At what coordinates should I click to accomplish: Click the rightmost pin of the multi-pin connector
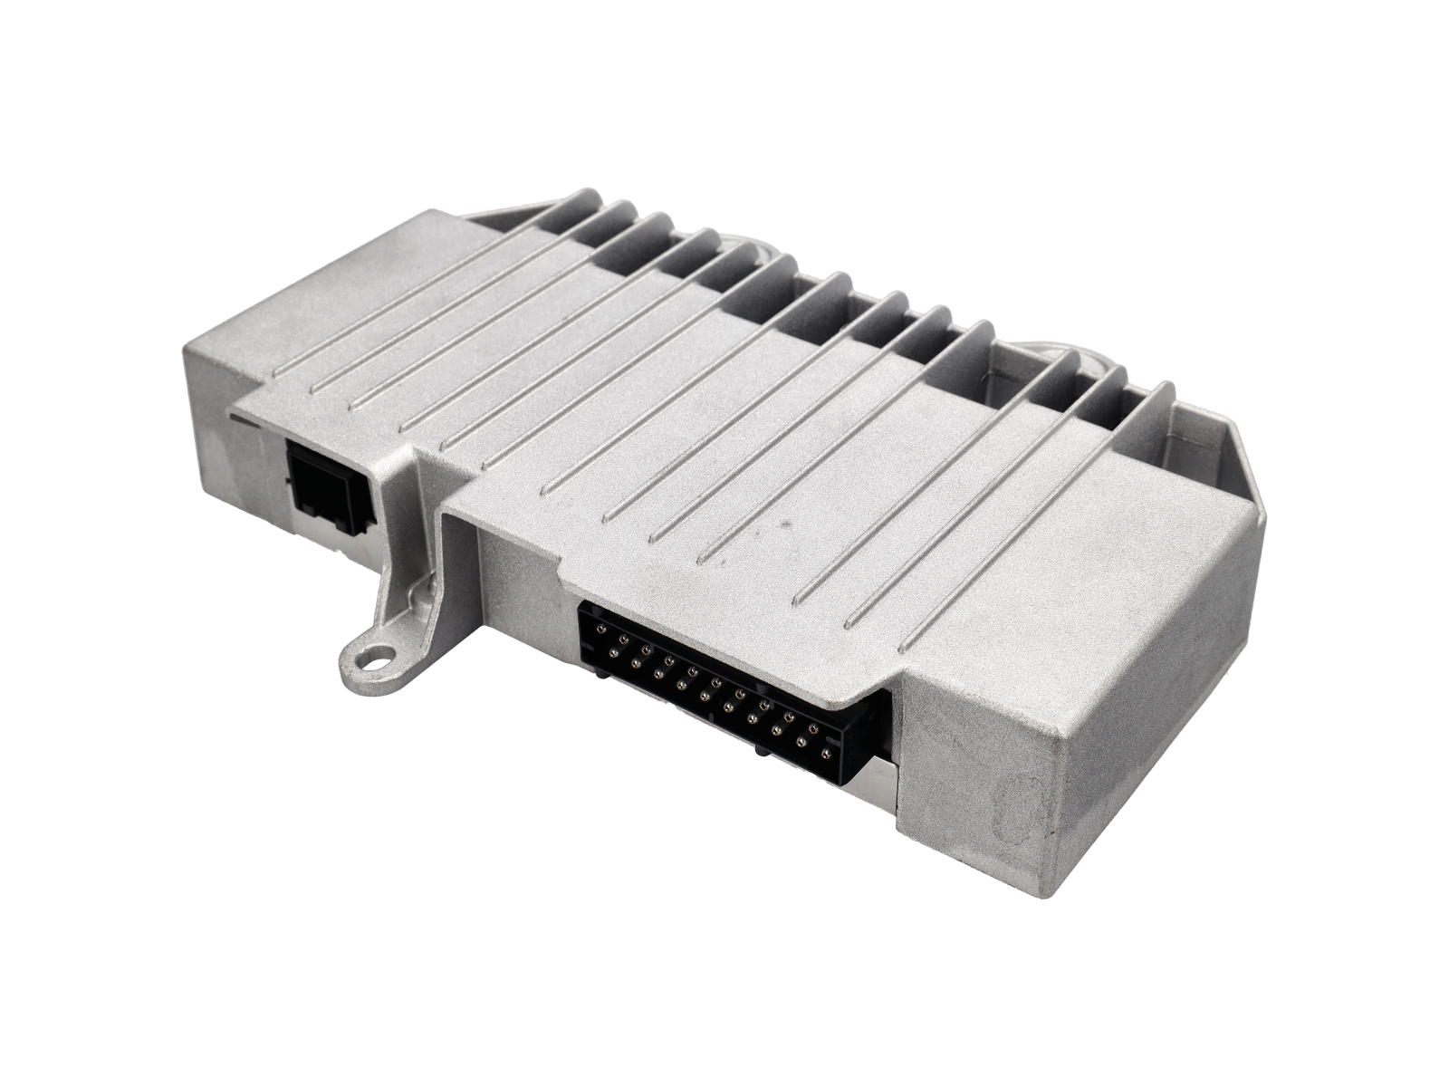point(825,752)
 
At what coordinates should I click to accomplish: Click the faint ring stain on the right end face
point(1023,806)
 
